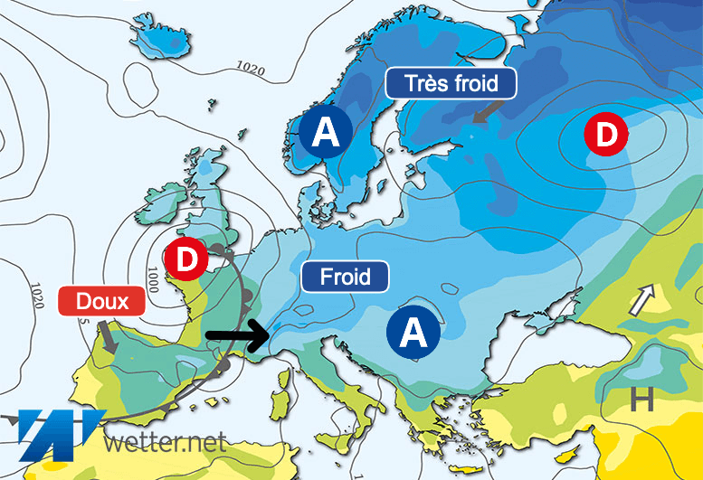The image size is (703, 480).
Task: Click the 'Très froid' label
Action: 451,84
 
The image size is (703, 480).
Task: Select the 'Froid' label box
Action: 345,276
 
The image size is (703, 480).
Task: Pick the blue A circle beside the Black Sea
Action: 413,333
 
